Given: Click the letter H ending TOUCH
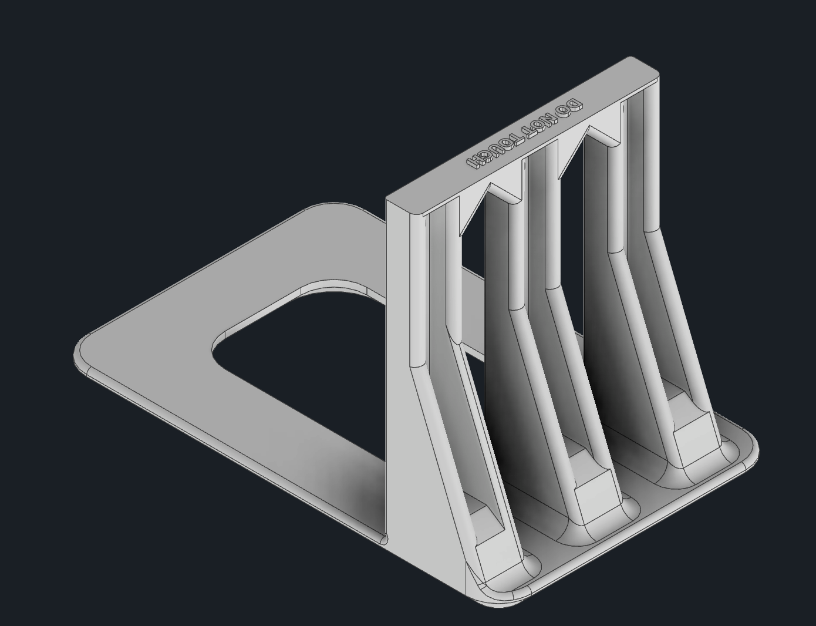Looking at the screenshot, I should point(471,161).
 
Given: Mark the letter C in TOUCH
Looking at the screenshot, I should point(483,156).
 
